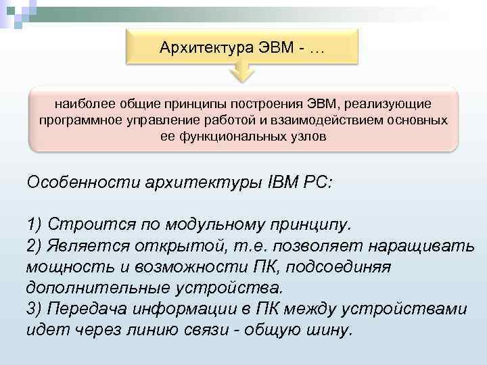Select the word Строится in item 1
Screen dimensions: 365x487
point(90,223)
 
